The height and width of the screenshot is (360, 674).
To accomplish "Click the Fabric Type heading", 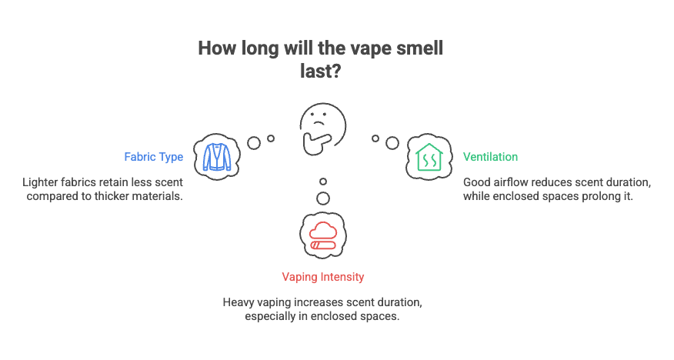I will point(153,157).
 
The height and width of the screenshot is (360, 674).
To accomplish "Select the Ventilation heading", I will point(490,157).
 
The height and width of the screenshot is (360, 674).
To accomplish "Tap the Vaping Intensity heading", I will point(323,276).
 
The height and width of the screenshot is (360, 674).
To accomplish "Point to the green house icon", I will point(428,157).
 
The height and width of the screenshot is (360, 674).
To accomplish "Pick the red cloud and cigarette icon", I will point(322,236).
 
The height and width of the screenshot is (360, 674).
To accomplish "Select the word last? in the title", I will point(321,72).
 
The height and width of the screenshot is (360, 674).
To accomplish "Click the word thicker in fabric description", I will point(127,196).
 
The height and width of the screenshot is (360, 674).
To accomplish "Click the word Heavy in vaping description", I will point(239,302).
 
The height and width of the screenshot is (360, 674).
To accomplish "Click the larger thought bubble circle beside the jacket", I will point(253,142).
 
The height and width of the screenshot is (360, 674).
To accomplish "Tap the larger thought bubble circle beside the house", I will point(392,142).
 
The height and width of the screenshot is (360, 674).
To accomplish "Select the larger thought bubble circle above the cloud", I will point(323,198).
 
